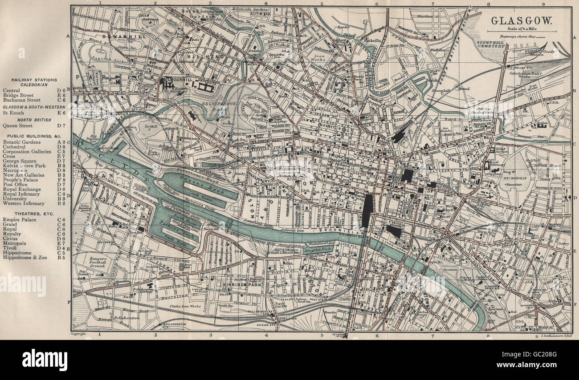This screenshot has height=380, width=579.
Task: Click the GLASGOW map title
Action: pyautogui.click(x=521, y=20)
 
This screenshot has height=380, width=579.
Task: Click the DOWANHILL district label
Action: pyautogui.click(x=114, y=36)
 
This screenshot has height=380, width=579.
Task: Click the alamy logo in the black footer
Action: pyautogui.click(x=45, y=360)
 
